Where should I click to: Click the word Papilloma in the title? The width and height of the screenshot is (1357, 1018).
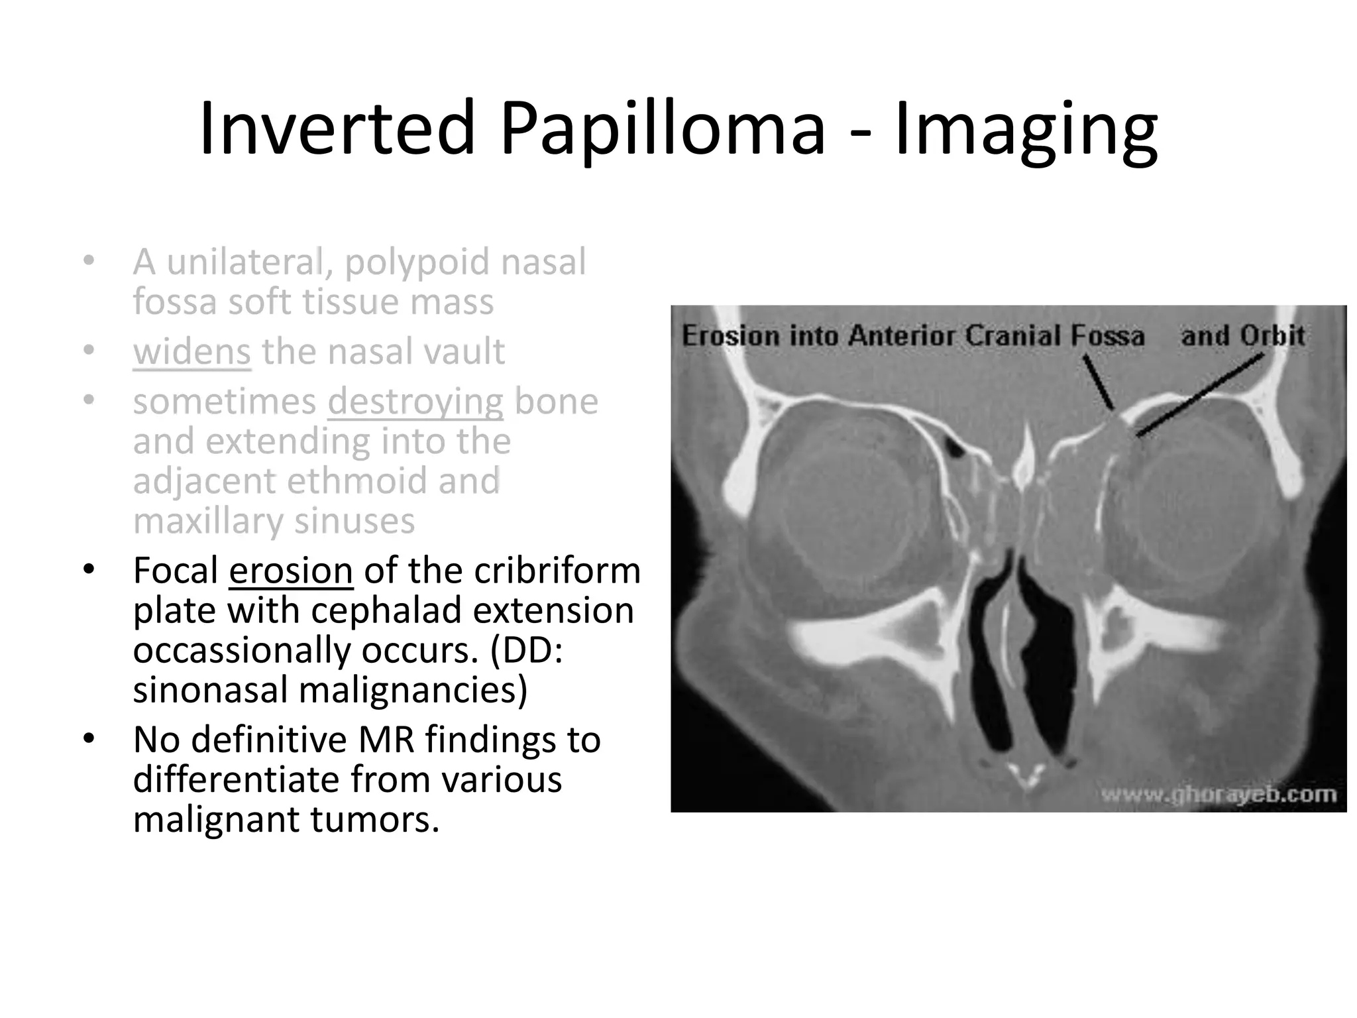click(663, 129)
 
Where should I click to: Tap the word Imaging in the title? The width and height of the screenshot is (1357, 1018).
click(1026, 129)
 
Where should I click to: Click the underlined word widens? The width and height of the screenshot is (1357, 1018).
click(191, 351)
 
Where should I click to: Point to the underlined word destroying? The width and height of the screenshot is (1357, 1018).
click(415, 402)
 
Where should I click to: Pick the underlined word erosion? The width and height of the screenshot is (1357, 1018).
click(291, 571)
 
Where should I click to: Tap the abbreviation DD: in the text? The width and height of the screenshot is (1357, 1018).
click(527, 651)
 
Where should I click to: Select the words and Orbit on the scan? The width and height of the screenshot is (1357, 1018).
click(1242, 335)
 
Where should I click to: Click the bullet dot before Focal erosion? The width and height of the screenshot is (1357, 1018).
click(89, 569)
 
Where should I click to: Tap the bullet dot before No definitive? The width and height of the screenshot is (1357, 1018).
click(89, 738)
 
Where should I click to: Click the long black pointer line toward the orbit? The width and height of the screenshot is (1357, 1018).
click(1199, 395)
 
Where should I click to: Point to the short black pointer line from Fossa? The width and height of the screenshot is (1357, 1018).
click(1098, 382)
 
